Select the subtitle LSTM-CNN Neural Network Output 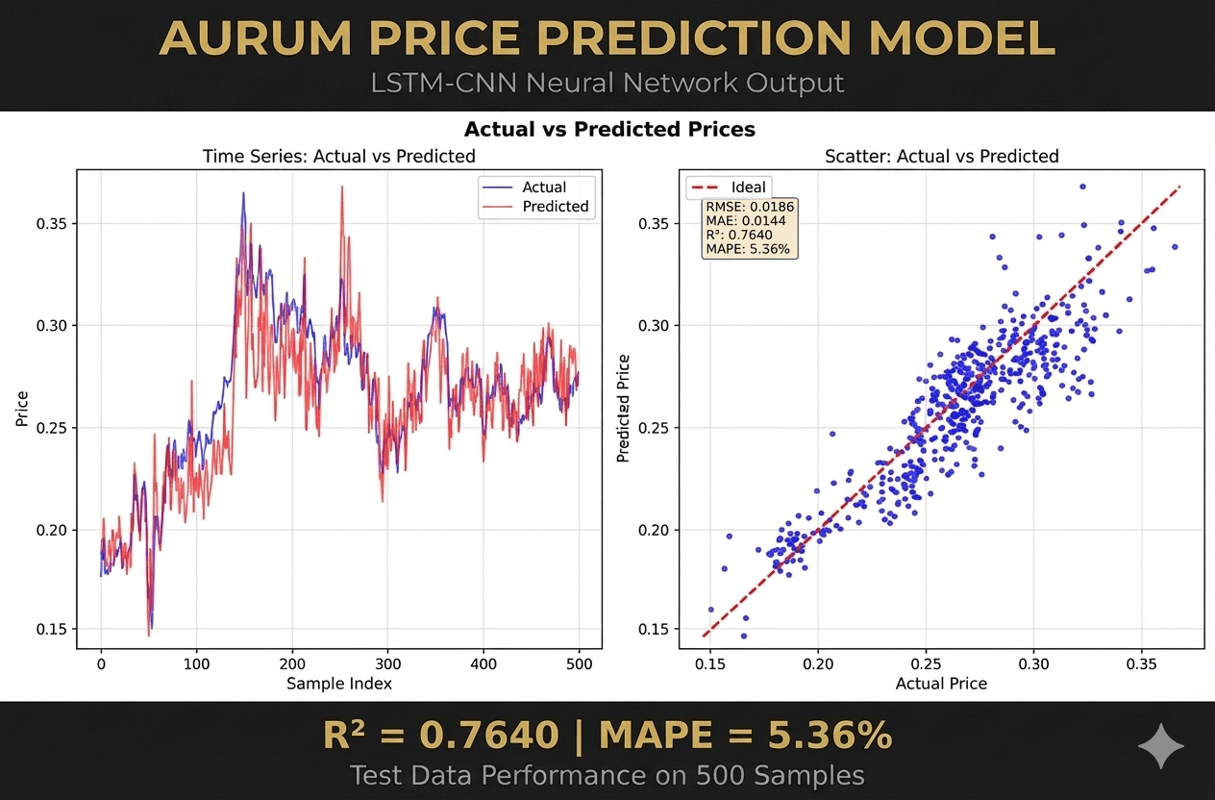click(607, 84)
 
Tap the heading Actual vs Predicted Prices click(608, 129)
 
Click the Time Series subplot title click(338, 156)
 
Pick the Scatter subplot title click(941, 156)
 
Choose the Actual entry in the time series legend click(544, 187)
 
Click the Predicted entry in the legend click(556, 207)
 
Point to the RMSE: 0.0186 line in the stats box click(750, 207)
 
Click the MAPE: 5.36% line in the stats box click(748, 249)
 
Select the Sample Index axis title click(338, 684)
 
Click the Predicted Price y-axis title click(624, 409)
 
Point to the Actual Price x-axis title click(941, 684)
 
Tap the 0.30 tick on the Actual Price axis click(1033, 663)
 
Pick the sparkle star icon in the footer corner click(1160, 747)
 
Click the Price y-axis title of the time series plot click(22, 409)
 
